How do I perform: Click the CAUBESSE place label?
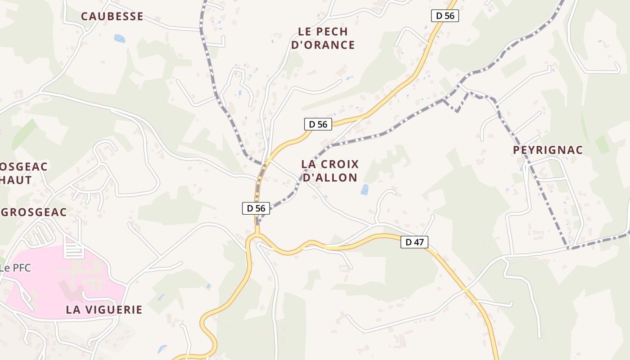click(112, 17)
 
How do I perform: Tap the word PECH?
click(333, 31)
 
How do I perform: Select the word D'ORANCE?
click(323, 45)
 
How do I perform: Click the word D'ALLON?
click(330, 178)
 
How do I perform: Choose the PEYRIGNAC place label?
click(548, 150)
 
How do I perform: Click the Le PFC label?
click(15, 268)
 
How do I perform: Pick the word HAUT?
click(16, 180)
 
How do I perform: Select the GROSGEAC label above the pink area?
click(34, 212)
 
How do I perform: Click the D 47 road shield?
click(414, 242)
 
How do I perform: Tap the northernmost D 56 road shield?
click(445, 16)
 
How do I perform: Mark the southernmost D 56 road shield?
click(256, 208)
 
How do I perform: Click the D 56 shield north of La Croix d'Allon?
click(318, 124)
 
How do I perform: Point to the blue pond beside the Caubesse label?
click(120, 39)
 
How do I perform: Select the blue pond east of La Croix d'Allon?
click(364, 189)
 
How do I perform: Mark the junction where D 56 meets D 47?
click(257, 235)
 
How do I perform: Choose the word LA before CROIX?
click(308, 164)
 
